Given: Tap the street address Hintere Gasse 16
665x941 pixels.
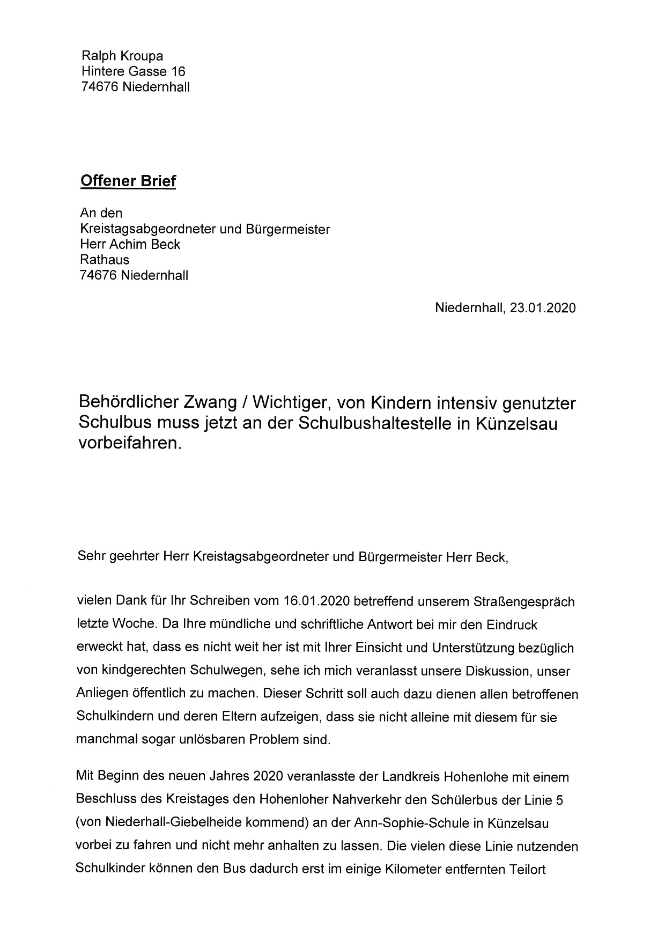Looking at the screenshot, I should coord(133,71).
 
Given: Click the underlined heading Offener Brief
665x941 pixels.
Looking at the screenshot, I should coord(128,181).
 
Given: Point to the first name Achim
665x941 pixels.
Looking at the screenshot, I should coord(129,245).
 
